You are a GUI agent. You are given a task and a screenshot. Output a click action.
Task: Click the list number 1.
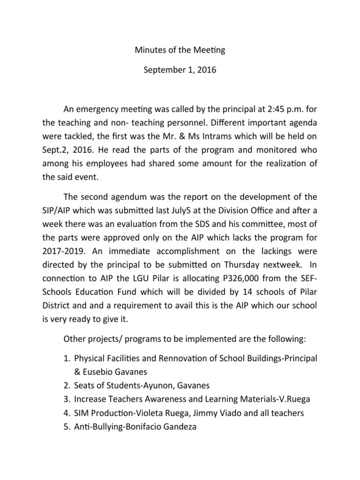tap(65, 359)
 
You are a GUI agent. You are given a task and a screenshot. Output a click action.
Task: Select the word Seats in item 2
tap(85, 385)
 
